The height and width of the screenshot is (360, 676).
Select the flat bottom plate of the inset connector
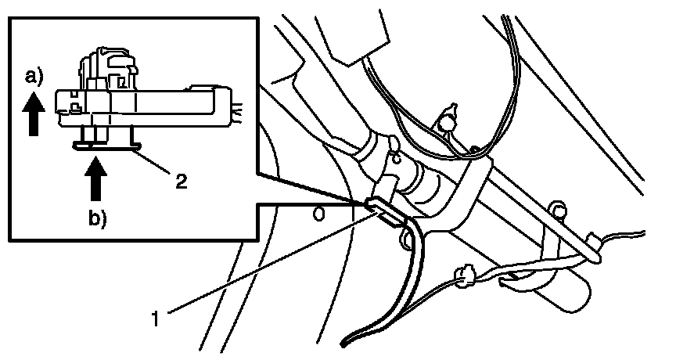click(106, 143)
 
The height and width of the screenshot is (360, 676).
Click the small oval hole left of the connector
click(318, 212)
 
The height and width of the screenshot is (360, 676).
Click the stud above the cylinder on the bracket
click(557, 210)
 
